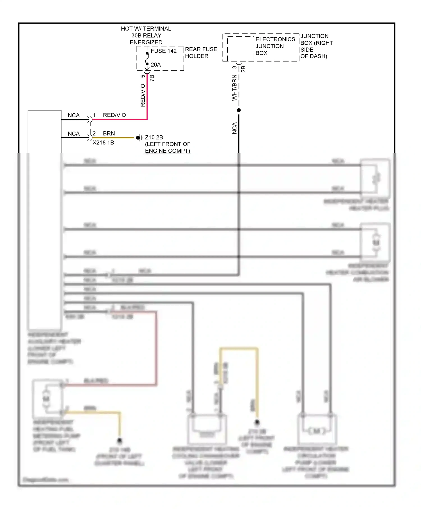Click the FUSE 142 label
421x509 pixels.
[x=164, y=51]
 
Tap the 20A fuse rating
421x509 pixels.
[x=156, y=65]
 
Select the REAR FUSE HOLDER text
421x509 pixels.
[x=201, y=53]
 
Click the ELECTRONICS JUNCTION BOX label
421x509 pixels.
[x=275, y=46]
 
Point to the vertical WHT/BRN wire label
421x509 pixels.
[x=234, y=88]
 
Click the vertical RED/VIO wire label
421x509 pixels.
[x=143, y=95]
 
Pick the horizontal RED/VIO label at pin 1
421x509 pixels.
[x=114, y=115]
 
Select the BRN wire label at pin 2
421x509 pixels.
[x=109, y=133]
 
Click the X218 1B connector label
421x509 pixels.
[x=103, y=143]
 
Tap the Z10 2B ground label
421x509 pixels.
[x=154, y=137]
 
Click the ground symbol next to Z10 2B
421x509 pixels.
[x=139, y=137]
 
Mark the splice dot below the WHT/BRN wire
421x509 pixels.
[x=239, y=110]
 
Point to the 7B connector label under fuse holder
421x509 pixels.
[x=152, y=78]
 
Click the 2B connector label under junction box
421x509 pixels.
[x=244, y=69]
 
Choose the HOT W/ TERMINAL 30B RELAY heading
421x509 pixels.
[x=146, y=35]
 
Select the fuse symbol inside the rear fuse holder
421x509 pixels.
[x=147, y=59]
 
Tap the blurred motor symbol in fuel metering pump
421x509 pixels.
[x=46, y=398]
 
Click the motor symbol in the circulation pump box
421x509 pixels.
[x=317, y=431]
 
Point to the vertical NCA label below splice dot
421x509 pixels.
[x=234, y=128]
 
